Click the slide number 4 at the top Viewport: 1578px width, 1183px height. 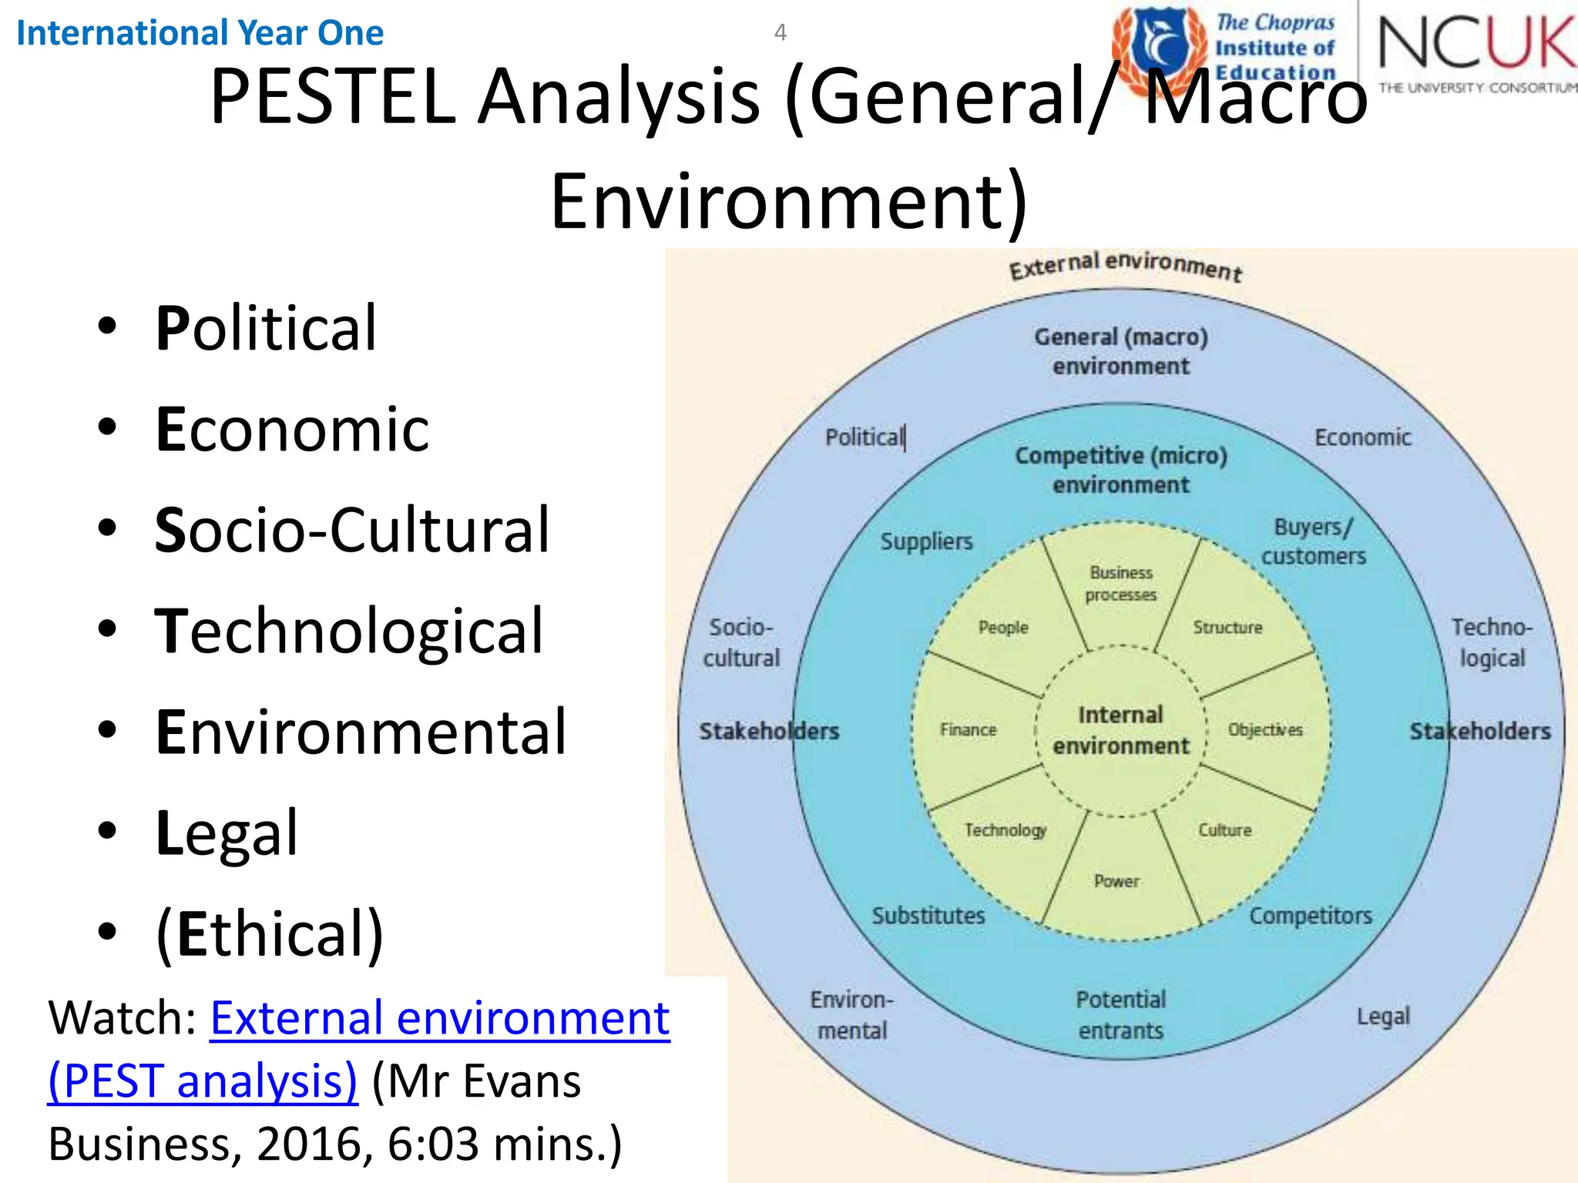780,32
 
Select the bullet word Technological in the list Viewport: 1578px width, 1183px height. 349,631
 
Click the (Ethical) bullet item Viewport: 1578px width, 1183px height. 270,933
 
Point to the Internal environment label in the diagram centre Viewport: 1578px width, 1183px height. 1121,730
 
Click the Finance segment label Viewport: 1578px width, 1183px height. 968,729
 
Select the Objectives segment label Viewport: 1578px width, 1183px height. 1265,729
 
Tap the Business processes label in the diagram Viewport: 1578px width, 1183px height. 1121,584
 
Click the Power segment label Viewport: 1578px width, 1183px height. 1116,880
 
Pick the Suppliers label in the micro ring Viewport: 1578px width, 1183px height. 926,541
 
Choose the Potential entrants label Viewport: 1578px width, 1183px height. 1121,1015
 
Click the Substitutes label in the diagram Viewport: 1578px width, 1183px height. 928,916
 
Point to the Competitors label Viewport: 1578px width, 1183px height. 1311,916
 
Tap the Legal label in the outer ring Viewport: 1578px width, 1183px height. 1383,1017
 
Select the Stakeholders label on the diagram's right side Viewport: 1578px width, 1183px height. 1480,731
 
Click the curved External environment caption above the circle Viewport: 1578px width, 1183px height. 1126,266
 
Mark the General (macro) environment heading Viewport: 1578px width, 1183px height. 1121,351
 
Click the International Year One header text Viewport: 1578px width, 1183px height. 200,33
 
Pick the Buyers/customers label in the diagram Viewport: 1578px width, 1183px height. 1313,541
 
